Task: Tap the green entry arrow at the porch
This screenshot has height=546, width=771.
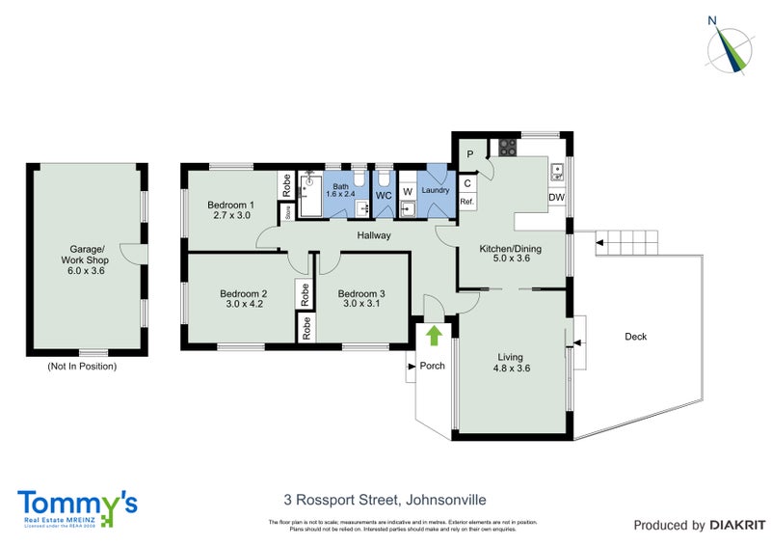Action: point(434,335)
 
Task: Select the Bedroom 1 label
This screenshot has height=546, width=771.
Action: point(230,210)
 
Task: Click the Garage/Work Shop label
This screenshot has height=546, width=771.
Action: point(82,260)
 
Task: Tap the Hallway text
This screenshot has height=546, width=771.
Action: point(374,234)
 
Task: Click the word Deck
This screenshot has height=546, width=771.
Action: point(635,337)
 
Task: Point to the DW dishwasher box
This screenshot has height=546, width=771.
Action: point(556,198)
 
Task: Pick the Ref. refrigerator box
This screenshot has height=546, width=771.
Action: point(466,201)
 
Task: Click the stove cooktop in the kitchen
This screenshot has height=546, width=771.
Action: point(507,149)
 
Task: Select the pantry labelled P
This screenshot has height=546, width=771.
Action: point(471,153)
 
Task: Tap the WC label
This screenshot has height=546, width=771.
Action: point(383,195)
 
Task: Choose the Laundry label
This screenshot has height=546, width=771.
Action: point(436,190)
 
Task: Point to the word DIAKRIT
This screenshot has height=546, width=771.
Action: point(737,526)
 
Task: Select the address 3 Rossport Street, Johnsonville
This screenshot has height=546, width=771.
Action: point(385,500)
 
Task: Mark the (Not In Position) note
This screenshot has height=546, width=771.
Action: point(82,367)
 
